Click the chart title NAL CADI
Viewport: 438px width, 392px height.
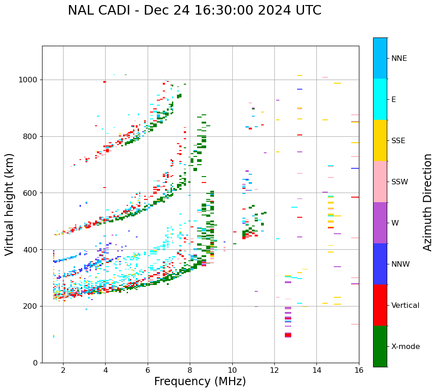click(194, 11)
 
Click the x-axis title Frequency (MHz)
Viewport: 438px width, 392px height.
click(200, 381)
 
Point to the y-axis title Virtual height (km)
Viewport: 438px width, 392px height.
click(10, 204)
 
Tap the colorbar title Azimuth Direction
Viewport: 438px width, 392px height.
click(427, 202)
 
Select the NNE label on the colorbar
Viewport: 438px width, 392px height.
click(399, 59)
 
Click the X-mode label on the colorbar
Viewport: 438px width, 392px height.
click(405, 347)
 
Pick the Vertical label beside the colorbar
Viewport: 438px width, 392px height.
click(405, 306)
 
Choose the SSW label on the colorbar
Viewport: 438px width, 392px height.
click(400, 182)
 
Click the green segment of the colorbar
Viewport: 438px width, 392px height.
click(380, 346)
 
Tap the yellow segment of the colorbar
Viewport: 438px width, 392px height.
click(380, 140)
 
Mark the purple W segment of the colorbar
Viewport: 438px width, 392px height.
click(380, 223)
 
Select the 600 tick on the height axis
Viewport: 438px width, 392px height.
click(31, 193)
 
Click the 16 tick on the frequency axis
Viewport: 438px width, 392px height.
click(359, 370)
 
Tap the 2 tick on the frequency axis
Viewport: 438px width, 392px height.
click(63, 370)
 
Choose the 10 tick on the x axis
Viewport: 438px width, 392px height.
click(232, 370)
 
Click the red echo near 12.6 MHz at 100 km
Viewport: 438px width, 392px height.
click(288, 335)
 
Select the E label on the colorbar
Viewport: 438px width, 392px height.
click(394, 100)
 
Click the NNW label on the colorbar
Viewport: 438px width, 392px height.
click(401, 264)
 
